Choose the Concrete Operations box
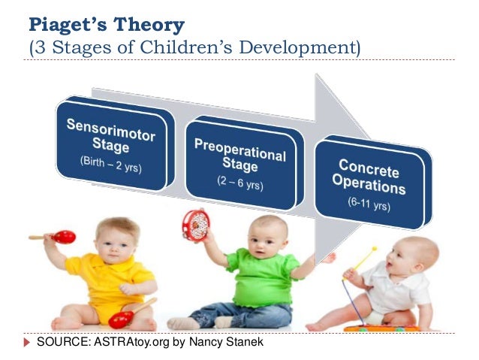(x=372, y=185)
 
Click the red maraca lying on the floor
(x=122, y=319)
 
